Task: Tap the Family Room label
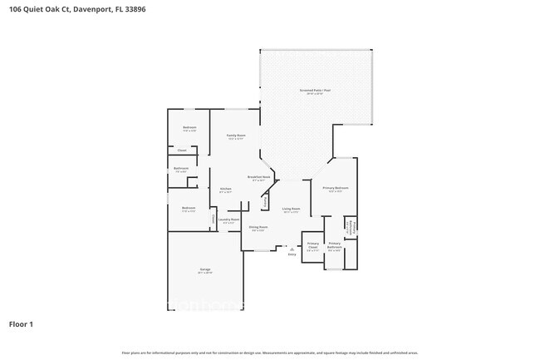click(236, 136)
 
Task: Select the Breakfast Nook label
click(258, 177)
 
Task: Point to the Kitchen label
click(225, 190)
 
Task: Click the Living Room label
click(290, 209)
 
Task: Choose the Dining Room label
click(258, 228)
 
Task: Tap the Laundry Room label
click(228, 220)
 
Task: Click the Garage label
click(204, 270)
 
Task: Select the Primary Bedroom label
click(336, 189)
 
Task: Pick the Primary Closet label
click(312, 246)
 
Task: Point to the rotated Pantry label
click(265, 201)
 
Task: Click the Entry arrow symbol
click(292, 247)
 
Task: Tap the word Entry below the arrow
click(292, 254)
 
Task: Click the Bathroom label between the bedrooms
click(181, 169)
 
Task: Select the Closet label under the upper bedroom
click(181, 150)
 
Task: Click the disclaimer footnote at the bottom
click(269, 353)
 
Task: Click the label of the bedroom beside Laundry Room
click(189, 209)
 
